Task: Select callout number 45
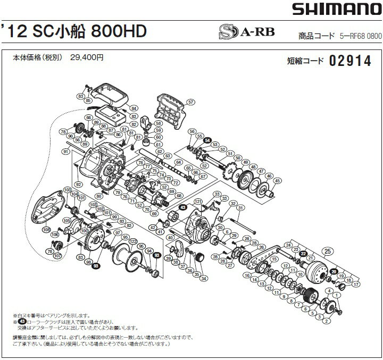[277, 181]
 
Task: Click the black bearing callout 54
[207, 140]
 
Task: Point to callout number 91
[66, 152]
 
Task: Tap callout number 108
[46, 231]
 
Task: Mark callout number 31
[240, 208]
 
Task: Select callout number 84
[134, 108]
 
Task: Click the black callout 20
[334, 272]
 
